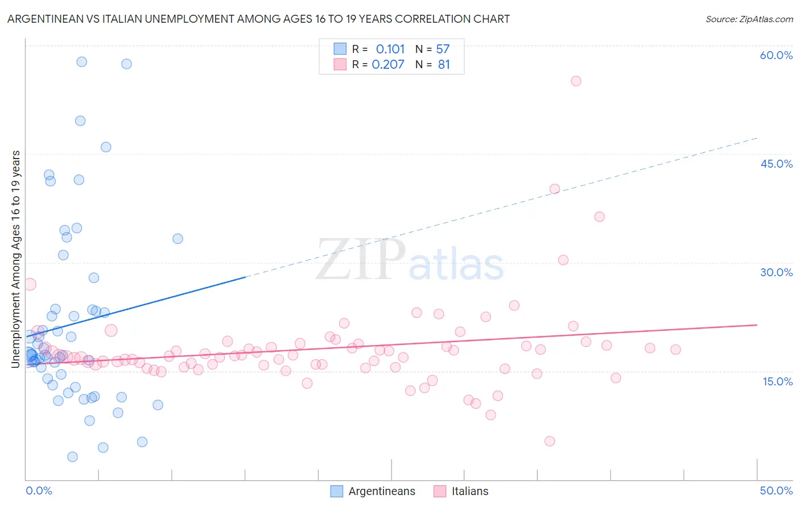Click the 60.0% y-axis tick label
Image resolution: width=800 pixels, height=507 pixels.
(x=776, y=55)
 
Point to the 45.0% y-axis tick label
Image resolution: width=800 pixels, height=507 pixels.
(x=776, y=164)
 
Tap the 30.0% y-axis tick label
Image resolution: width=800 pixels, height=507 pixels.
(x=776, y=272)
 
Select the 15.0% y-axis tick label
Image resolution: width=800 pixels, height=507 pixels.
(x=777, y=381)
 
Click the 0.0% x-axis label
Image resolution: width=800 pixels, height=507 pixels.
(x=39, y=491)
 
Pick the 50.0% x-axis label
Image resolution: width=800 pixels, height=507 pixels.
(x=776, y=491)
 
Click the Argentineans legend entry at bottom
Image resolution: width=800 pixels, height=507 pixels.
(x=381, y=491)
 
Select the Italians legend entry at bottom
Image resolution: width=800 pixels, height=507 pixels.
(x=469, y=491)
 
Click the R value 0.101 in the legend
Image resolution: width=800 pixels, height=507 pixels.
(x=390, y=49)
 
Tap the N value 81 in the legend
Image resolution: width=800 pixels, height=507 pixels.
(x=444, y=65)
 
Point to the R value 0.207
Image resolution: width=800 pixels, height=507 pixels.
(x=388, y=65)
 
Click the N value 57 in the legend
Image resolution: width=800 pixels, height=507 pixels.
(x=443, y=49)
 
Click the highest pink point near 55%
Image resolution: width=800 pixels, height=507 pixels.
(x=576, y=81)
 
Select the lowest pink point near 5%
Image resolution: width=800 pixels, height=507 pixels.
(x=550, y=441)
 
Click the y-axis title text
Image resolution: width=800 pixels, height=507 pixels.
(x=16, y=259)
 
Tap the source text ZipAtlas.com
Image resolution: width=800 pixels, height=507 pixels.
(x=749, y=19)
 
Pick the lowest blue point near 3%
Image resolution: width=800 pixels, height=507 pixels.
(x=72, y=456)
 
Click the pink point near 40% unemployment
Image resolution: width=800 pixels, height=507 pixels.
(x=555, y=189)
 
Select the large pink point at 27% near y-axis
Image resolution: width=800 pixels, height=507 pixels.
(x=30, y=284)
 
